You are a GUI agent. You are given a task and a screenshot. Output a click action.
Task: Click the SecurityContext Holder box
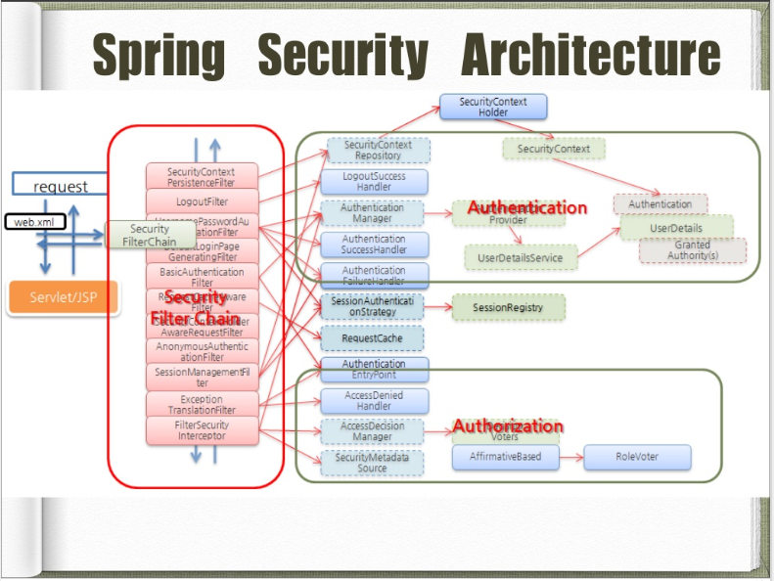493,108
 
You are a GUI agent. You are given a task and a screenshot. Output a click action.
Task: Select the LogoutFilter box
203,201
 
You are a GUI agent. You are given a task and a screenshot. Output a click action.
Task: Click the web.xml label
35,222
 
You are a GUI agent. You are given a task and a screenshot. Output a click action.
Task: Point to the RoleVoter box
637,457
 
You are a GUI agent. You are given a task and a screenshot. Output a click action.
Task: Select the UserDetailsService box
520,257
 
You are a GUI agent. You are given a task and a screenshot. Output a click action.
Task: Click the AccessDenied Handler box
374,401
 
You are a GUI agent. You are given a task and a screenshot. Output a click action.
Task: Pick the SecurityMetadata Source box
374,463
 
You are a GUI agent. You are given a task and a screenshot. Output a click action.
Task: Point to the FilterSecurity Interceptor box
202,430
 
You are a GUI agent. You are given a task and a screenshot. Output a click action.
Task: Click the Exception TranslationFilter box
202,404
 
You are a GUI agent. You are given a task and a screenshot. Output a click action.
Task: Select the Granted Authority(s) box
692,250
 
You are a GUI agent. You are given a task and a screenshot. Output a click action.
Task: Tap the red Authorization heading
507,426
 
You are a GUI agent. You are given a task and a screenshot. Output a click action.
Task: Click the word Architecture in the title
591,56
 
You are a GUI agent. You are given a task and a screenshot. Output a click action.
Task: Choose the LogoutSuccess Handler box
374,182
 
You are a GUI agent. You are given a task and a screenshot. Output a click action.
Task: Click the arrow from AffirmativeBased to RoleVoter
570,457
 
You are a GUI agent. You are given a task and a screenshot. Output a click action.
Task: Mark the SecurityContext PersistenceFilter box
203,177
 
